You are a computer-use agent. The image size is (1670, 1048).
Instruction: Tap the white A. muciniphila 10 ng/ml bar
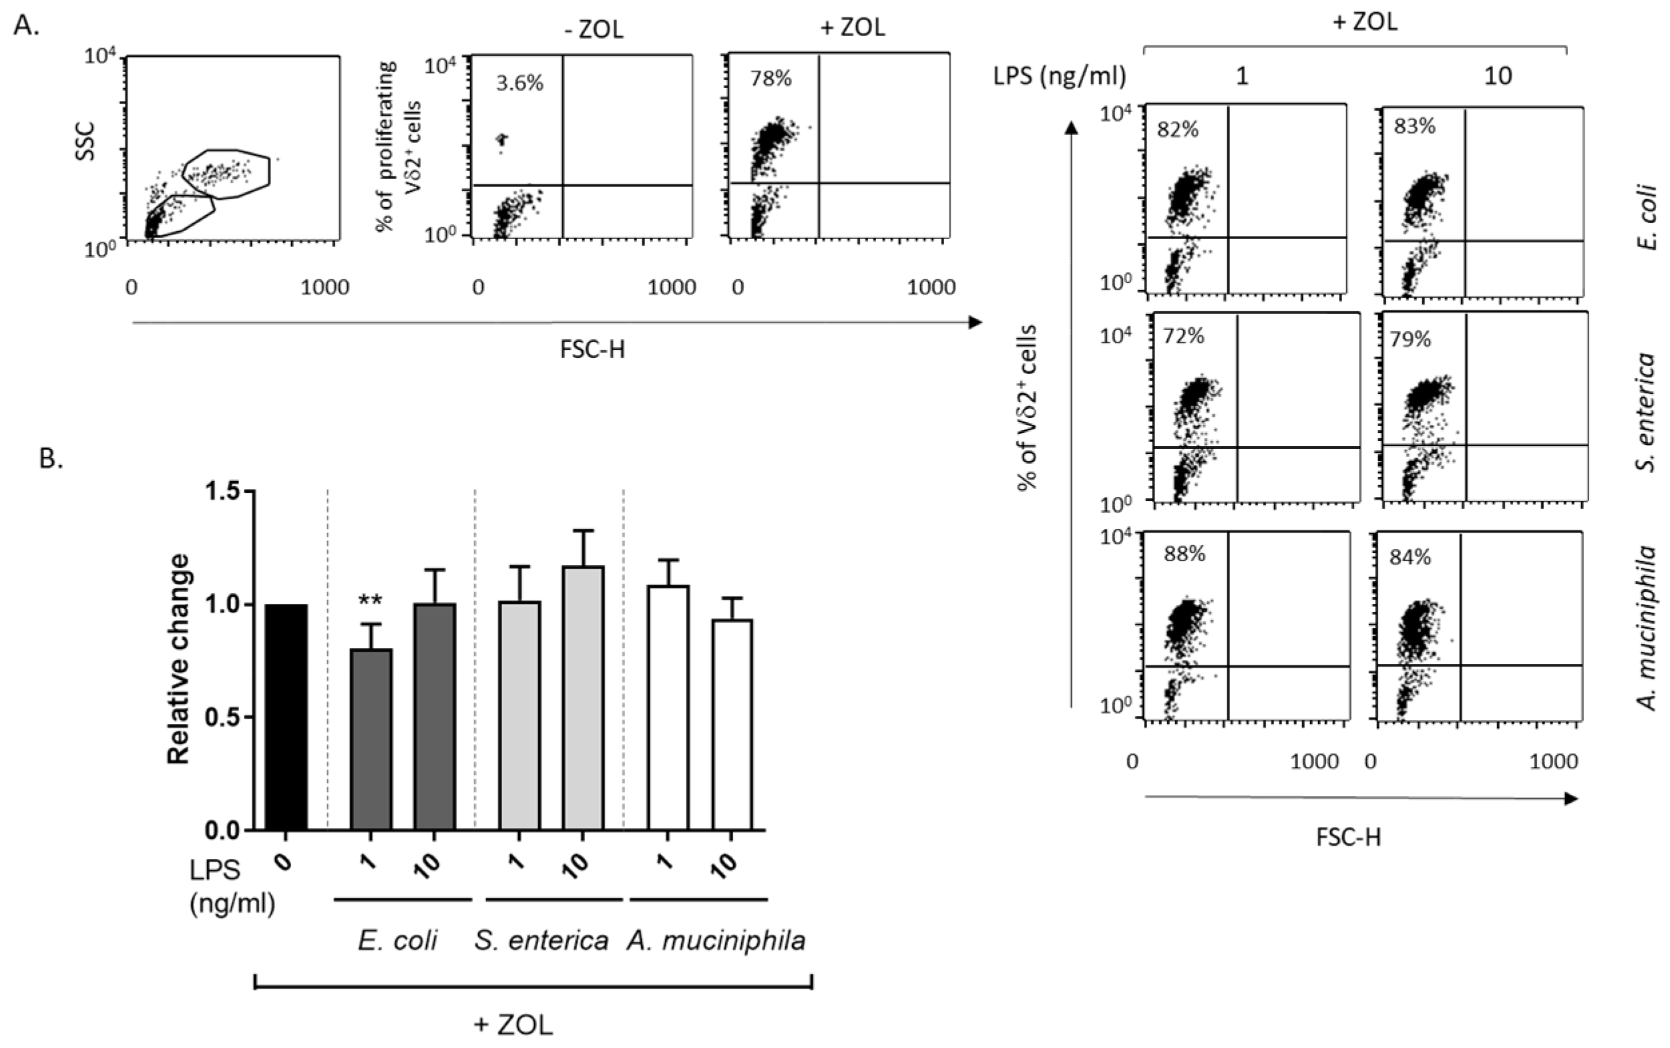coord(732,724)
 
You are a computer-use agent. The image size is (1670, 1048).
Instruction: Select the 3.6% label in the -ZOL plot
coord(519,84)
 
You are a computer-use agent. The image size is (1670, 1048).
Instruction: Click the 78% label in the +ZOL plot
coord(771,78)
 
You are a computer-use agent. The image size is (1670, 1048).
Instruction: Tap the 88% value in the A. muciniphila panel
coord(1185,554)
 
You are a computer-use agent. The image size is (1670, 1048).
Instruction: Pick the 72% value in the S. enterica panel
coord(1183,336)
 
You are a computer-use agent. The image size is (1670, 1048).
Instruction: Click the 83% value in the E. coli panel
coord(1414,126)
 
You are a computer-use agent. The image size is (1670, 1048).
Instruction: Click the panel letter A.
coord(26,25)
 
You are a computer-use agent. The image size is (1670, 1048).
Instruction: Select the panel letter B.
coord(51,458)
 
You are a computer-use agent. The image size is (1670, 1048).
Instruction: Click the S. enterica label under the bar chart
coord(541,940)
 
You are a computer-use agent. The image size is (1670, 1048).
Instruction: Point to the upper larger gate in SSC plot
coord(226,173)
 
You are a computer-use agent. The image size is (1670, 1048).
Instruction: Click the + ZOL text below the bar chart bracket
coord(513,1025)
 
